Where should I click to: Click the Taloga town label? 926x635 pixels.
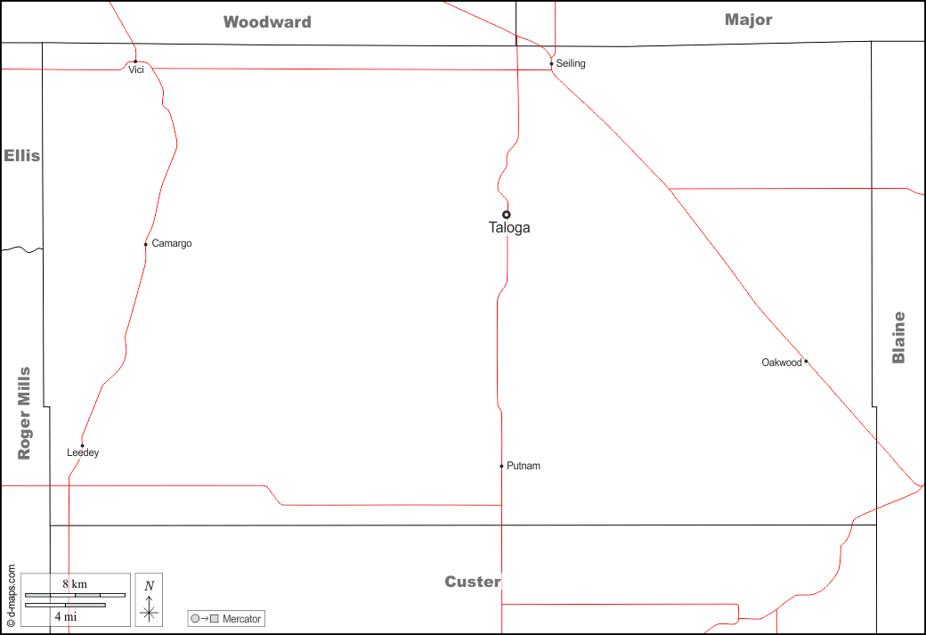[x=509, y=228]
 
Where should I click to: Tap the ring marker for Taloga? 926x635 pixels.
[x=506, y=215]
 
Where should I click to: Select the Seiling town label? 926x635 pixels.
[x=571, y=63]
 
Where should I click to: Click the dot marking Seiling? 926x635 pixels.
[x=551, y=64]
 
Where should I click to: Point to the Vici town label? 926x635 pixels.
[x=136, y=69]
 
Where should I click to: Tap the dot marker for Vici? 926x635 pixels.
[x=135, y=61]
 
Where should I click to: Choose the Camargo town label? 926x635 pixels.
[x=172, y=243]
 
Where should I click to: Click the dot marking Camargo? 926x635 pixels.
[x=146, y=245]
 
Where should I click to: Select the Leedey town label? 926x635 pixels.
[x=83, y=453]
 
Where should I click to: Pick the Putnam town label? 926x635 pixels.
[x=524, y=466]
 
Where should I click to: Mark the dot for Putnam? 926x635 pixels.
[x=501, y=466]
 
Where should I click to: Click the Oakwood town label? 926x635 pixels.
[x=782, y=362]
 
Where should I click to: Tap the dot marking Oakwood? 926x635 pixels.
[x=806, y=361]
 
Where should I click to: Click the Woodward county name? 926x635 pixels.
[x=267, y=22]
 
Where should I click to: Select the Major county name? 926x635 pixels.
[x=748, y=20]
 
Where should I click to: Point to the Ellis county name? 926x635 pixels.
[x=22, y=156]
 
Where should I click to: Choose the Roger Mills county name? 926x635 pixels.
[x=24, y=413]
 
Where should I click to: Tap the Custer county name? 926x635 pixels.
[x=473, y=582]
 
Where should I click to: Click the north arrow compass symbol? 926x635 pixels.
[x=149, y=599]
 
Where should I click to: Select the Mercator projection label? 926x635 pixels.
[x=226, y=618]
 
